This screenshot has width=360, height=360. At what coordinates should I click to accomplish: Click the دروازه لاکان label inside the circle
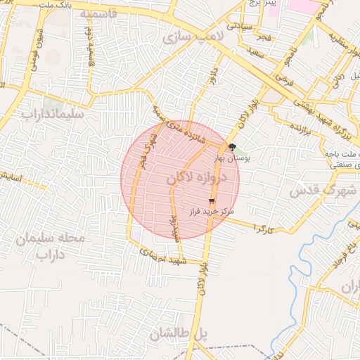point(198,180)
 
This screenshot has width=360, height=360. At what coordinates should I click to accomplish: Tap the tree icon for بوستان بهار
point(232,147)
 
